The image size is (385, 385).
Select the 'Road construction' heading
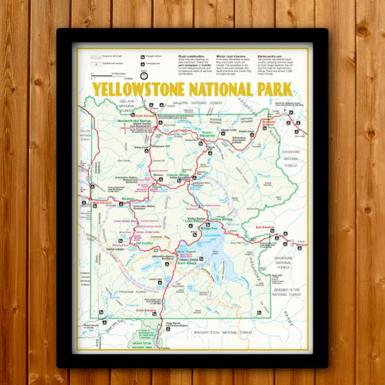coord(191,56)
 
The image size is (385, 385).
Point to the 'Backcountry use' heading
coord(270,56)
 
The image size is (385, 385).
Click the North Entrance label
coord(145,115)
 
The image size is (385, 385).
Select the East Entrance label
coord(264,227)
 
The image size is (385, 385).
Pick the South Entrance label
coord(145,310)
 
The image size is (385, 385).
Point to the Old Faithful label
coord(144,243)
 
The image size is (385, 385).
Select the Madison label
coord(128,198)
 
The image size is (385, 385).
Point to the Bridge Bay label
coord(211,229)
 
